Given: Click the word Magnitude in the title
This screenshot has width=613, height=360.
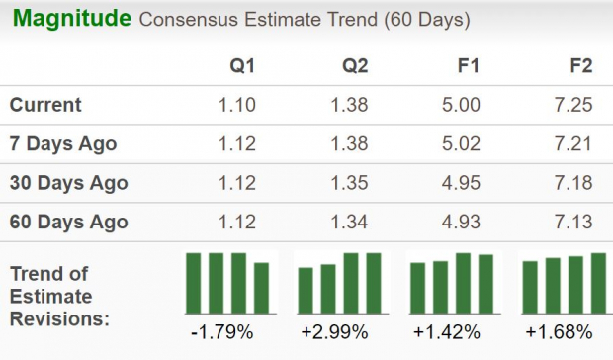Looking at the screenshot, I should point(71,19).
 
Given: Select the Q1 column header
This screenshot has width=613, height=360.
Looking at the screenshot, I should point(241,66).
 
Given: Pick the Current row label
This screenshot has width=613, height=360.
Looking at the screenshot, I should point(45,105).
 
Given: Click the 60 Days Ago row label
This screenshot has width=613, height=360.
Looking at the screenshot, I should point(67,222).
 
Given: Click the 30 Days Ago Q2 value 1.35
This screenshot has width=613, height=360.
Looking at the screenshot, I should point(350,183).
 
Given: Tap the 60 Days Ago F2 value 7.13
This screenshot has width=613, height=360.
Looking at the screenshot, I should point(573,222).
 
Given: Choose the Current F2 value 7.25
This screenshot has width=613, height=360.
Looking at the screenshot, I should point(573,105).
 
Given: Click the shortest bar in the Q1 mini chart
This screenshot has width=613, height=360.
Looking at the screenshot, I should point(261,288).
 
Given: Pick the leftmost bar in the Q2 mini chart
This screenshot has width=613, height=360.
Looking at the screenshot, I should point(306,290).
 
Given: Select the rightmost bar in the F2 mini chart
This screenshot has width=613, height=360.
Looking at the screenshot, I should point(598,283).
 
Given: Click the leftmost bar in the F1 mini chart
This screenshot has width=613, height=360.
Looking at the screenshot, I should point(418,288).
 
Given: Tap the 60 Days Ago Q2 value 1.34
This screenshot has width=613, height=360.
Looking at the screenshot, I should point(350,222).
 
